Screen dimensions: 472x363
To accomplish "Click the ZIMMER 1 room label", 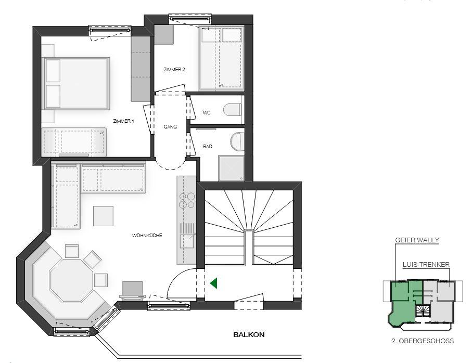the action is pos(123,121).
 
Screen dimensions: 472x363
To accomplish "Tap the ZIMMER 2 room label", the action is pos(174,70).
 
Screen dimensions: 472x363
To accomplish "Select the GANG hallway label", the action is pos(170,126).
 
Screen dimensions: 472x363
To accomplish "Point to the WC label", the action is pos(207,113).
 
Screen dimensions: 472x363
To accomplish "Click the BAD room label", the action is pos(208,147).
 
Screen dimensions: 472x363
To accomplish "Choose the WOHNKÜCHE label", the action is pos(147,235).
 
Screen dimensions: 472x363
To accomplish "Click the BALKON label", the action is pos(249,334).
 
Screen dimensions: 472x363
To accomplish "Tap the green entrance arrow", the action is pos(214,283).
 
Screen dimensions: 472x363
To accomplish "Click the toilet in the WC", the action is pos(233,109).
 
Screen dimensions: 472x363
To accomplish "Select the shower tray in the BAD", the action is pos(231,168).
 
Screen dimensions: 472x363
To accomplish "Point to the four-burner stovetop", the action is pos(187,201).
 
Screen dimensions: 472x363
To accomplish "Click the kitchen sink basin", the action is pos(187,241).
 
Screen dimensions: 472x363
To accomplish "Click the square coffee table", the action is pos(103,216).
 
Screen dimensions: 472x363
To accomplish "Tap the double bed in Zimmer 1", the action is pos(76,83).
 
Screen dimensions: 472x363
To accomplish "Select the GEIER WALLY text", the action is pos(417,240).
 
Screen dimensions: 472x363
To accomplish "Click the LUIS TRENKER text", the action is pos(426,265).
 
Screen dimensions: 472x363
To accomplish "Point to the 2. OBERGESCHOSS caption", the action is pos(423,341).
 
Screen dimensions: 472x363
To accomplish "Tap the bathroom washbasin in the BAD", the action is pos(237,142).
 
